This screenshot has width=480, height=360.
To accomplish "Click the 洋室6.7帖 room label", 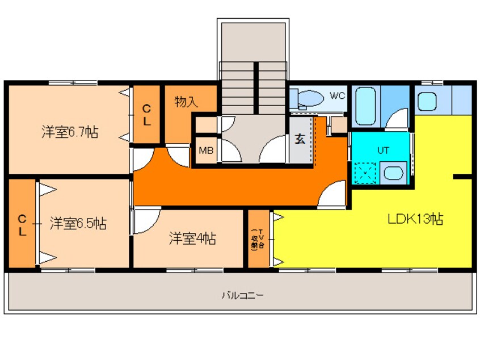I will click(x=69, y=133).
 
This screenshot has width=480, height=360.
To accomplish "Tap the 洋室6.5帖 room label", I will click(x=77, y=223).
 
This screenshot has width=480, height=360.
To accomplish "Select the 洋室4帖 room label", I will click(x=192, y=238).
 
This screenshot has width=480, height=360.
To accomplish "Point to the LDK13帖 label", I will click(x=415, y=219).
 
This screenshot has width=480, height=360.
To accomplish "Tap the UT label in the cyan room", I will click(x=383, y=150).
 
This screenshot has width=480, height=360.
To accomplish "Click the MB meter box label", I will click(x=205, y=151).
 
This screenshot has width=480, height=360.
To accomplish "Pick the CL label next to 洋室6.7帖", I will click(x=146, y=114).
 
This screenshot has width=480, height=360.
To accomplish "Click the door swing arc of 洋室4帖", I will click(x=143, y=221).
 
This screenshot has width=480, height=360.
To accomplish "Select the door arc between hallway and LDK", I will click(x=332, y=196).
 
